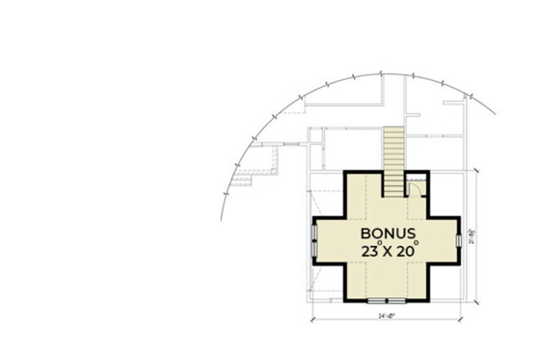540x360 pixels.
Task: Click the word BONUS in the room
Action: pyautogui.click(x=388, y=235)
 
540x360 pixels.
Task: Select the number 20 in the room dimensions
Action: pyautogui.click(x=406, y=251)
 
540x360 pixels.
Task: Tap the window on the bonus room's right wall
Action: pyautogui.click(x=457, y=239)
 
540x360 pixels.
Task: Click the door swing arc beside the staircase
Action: pyautogui.click(x=412, y=187)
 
